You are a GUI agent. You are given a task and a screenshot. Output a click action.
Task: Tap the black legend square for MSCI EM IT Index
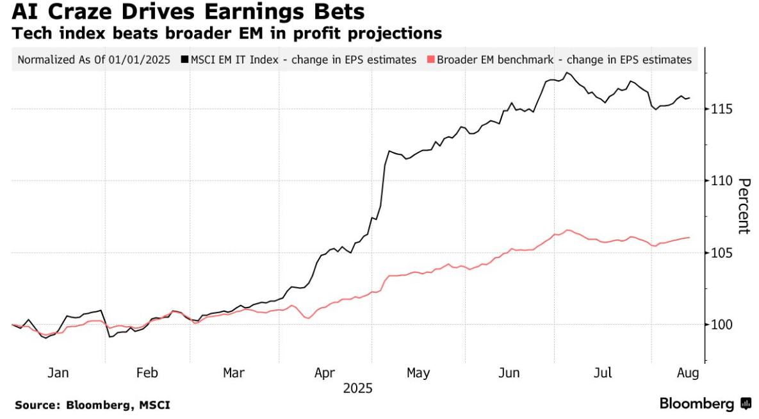pyautogui.click(x=184, y=60)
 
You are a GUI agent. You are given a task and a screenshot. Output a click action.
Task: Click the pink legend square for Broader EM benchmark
pyautogui.click(x=430, y=60)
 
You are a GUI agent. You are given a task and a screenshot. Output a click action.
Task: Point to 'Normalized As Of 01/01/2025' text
pyautogui.click(x=94, y=60)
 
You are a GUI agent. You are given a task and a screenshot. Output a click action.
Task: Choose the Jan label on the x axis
pyautogui.click(x=58, y=373)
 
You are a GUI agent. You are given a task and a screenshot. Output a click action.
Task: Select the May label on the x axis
pyautogui.click(x=418, y=373)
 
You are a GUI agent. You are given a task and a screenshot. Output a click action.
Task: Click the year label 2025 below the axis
pyautogui.click(x=357, y=388)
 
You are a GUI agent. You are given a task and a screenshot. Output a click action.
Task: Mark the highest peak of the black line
pyautogui.click(x=566, y=72)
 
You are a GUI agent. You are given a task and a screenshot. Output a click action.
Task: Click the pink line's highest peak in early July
pyautogui.click(x=567, y=230)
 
